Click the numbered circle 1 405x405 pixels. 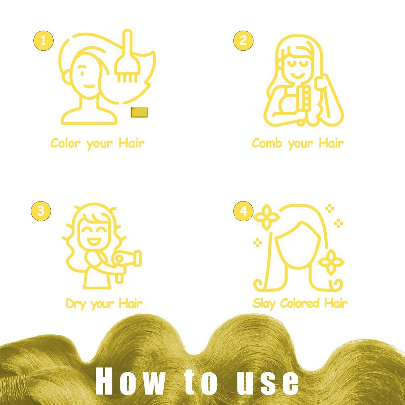44,40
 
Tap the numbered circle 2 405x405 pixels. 243,40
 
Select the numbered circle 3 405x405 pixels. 41,211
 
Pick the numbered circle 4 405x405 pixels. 243,211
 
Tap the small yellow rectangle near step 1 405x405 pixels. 139,112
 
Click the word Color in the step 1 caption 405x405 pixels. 65,143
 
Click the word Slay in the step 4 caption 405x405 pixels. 264,304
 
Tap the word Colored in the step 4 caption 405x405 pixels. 300,303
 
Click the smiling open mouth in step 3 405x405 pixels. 94,242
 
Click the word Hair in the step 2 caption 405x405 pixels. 331,143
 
